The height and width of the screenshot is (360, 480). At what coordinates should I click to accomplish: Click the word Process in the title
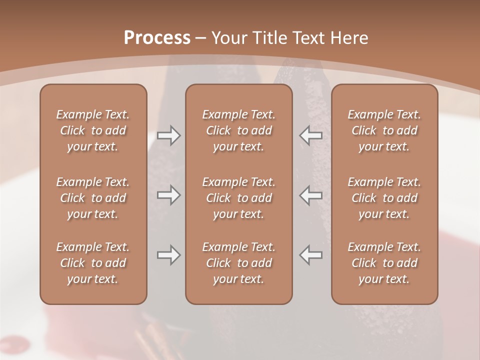click(x=157, y=38)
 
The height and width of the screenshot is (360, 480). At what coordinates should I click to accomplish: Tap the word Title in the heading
click(x=267, y=38)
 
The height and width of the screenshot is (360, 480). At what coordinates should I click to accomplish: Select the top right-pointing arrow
click(x=168, y=135)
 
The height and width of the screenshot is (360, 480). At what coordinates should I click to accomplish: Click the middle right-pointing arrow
click(x=168, y=195)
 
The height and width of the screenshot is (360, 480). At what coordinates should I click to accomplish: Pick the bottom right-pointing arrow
click(x=168, y=255)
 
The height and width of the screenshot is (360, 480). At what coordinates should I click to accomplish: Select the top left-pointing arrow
click(x=311, y=135)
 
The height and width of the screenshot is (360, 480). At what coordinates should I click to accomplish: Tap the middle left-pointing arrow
click(x=311, y=195)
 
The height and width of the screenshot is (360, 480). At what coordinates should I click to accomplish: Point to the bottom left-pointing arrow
click(x=311, y=255)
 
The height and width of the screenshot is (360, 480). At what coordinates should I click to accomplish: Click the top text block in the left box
click(x=93, y=130)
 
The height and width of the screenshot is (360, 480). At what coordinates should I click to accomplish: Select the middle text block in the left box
click(x=93, y=198)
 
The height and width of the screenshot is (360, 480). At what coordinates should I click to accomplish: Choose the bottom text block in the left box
click(x=93, y=263)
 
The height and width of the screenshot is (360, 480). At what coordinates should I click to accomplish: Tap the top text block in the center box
click(x=239, y=130)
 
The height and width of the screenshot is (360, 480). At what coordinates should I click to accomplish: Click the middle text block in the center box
click(x=239, y=198)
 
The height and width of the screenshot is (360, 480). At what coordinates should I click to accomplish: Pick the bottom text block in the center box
click(x=239, y=263)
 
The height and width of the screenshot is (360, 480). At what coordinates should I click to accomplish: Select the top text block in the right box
click(x=384, y=130)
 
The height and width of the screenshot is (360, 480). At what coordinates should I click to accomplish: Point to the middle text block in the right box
click(x=384, y=198)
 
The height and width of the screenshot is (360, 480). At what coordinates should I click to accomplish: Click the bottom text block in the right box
click(x=384, y=263)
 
